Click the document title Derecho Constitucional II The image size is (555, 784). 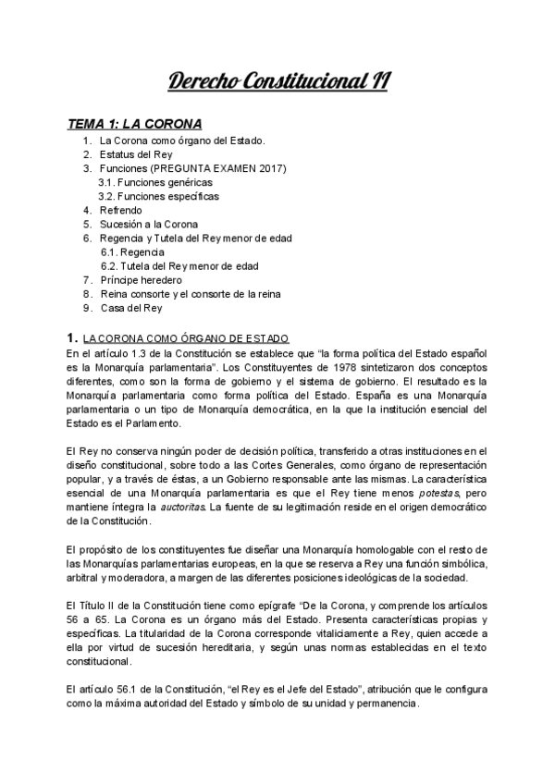click(x=277, y=82)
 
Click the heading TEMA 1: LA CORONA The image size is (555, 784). click(x=135, y=123)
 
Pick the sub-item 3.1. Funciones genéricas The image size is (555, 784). click(x=155, y=182)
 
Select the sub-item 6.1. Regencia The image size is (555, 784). click(x=133, y=251)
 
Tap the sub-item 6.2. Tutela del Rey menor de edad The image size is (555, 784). click(x=179, y=265)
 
